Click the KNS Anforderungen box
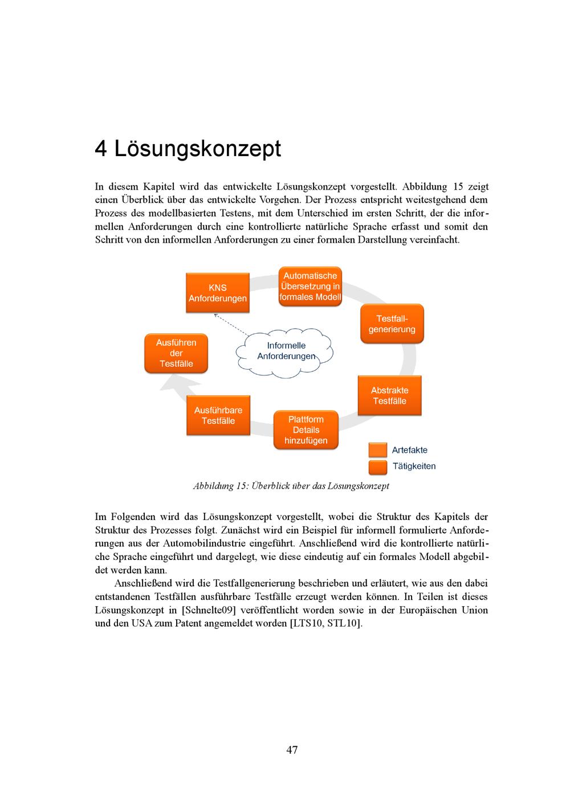tap(218, 293)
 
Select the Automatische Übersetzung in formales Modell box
tap(310, 287)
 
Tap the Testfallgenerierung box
tap(392, 324)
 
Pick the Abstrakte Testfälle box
tap(390, 395)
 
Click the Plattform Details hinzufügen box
tap(306, 430)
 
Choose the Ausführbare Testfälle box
tap(218, 416)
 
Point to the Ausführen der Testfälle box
tap(176, 353)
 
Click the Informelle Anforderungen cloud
tap(285, 351)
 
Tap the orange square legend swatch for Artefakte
tap(377, 450)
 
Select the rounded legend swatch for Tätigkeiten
tap(377, 467)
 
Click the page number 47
tap(292, 750)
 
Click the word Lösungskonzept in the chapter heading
tap(197, 149)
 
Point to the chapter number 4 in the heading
tap(101, 149)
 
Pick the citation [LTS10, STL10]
tap(325, 623)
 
